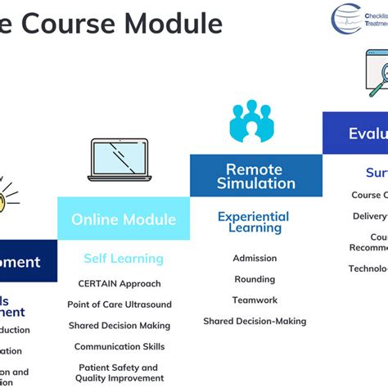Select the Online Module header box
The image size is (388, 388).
click(123, 219)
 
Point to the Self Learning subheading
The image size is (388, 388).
click(123, 259)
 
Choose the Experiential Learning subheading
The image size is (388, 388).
click(253, 223)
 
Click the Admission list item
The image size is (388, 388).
click(255, 258)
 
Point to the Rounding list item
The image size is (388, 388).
click(255, 279)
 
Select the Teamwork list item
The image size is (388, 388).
click(255, 300)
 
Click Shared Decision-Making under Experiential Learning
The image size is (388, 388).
click(255, 321)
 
